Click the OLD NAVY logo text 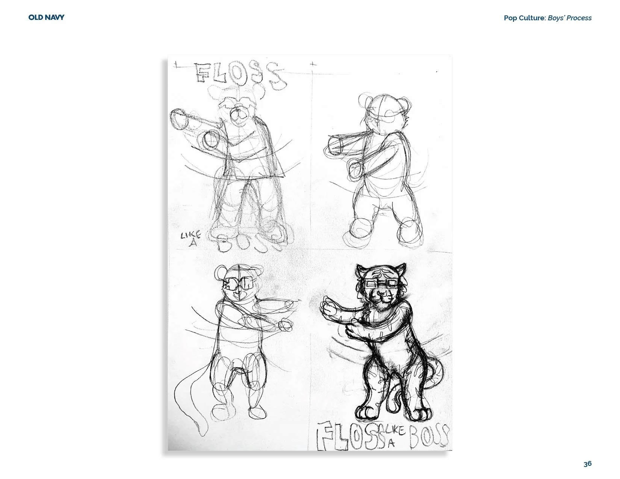coord(46,17)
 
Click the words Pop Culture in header coord(524,18)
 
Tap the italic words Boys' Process coord(570,18)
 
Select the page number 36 coord(588,464)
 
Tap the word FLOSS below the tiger coord(348,436)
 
